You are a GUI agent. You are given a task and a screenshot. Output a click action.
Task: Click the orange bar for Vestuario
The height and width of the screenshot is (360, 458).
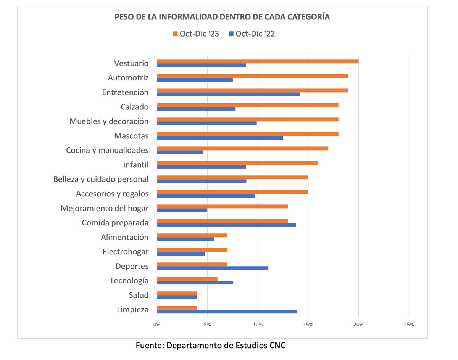point(258,61)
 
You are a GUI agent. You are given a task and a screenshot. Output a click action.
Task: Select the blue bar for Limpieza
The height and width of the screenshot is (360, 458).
point(227,312)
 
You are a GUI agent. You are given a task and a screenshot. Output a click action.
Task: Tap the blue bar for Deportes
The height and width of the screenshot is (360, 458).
point(213,268)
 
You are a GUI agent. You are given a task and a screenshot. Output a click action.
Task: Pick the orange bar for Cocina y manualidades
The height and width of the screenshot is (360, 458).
point(242,148)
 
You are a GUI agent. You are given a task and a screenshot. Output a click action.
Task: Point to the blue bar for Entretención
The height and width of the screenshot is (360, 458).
point(228,94)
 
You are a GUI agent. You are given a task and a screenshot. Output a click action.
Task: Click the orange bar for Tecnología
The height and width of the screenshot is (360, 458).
point(187,279)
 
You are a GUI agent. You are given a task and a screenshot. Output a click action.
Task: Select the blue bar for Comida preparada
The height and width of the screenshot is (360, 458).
point(226,225)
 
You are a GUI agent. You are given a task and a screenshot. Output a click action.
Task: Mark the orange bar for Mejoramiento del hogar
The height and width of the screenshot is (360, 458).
point(222,206)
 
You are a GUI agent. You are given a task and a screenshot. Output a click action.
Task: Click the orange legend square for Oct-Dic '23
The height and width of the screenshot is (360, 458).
point(176,34)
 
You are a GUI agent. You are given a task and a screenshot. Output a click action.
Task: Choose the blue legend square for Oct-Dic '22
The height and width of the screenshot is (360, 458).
point(231,34)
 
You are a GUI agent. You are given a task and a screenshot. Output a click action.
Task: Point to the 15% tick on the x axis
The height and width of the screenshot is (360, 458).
point(308,325)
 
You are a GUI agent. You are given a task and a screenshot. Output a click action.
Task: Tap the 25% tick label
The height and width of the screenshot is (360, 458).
point(409,325)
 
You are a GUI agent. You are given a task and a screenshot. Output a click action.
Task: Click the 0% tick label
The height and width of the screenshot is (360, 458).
point(157,325)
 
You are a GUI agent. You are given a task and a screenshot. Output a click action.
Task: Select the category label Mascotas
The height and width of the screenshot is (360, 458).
point(131,136)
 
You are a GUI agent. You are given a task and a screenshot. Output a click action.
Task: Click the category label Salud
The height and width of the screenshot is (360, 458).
point(139,295)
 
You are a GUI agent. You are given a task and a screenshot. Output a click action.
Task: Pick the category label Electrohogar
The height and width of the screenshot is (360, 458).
point(126,252)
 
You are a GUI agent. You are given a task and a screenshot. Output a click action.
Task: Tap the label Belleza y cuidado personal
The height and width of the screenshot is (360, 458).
point(101,179)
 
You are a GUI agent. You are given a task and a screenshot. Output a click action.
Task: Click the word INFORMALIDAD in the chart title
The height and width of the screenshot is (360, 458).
point(185,17)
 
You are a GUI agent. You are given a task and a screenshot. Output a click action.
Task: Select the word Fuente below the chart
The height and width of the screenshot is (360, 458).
point(149,346)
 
